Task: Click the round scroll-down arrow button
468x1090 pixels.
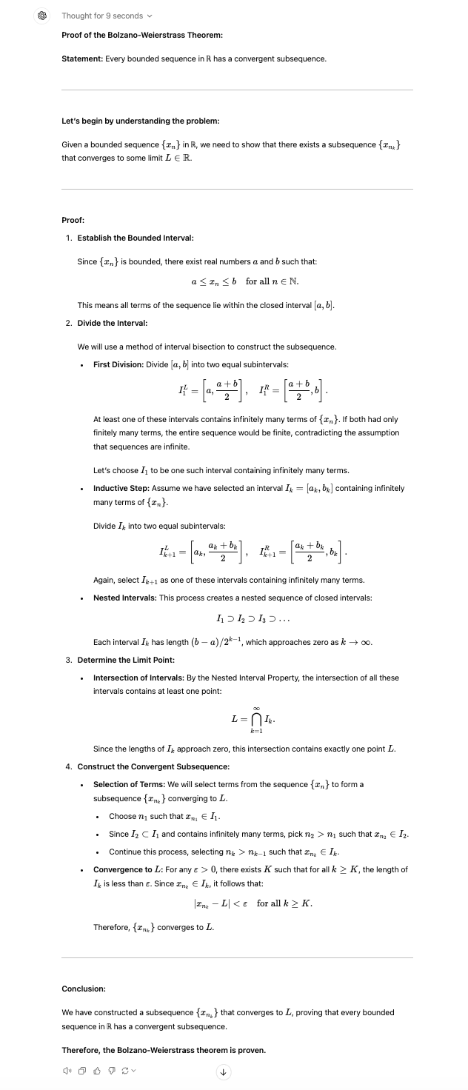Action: coord(223,1071)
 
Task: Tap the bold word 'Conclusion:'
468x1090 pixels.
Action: coord(84,989)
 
